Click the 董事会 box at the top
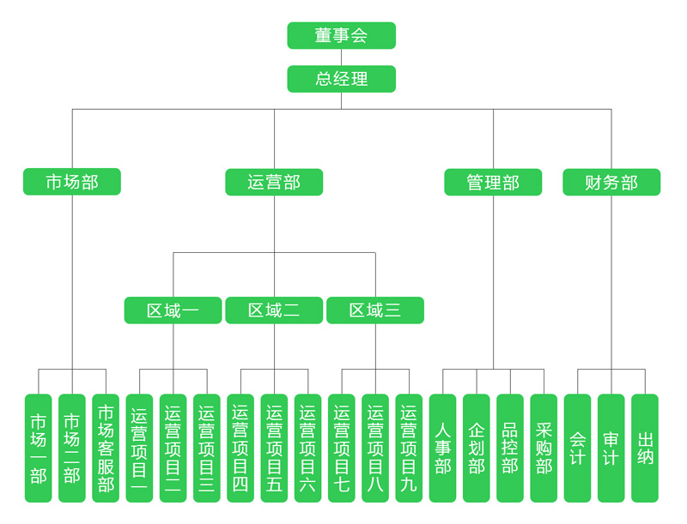coord(341,35)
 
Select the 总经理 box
coord(341,79)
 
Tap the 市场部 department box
coord(72,182)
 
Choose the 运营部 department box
coord(274,182)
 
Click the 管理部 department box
coord(493,182)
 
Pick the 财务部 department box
coord(611,182)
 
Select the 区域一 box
coord(173,310)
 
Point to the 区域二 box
coord(274,310)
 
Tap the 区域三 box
coord(375,310)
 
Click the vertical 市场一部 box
coord(39,448)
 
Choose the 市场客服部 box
coord(106,448)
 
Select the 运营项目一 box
coord(139,448)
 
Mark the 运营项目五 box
coord(274,448)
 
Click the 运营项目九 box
coord(409,448)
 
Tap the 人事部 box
coord(442,448)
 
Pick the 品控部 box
coord(510,448)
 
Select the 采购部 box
coord(544,448)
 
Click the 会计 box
coord(577,448)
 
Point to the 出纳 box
coord(645,448)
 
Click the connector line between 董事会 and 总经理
coord(341,57)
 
